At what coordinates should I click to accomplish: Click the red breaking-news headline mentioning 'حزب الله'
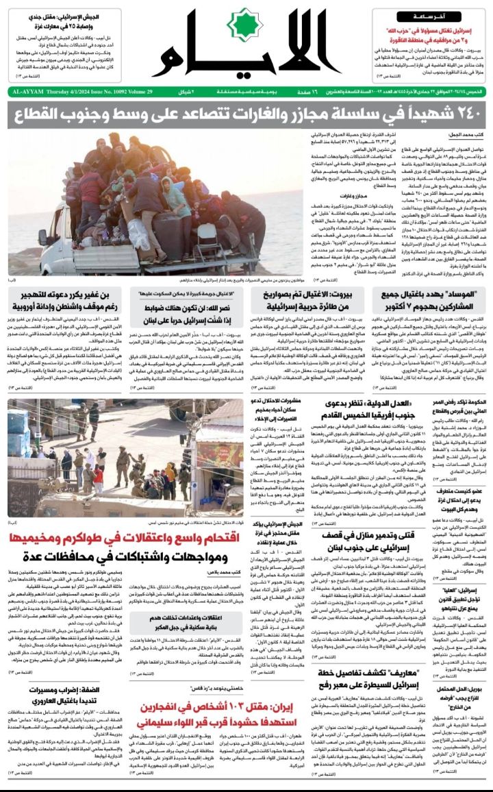pos(427,36)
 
